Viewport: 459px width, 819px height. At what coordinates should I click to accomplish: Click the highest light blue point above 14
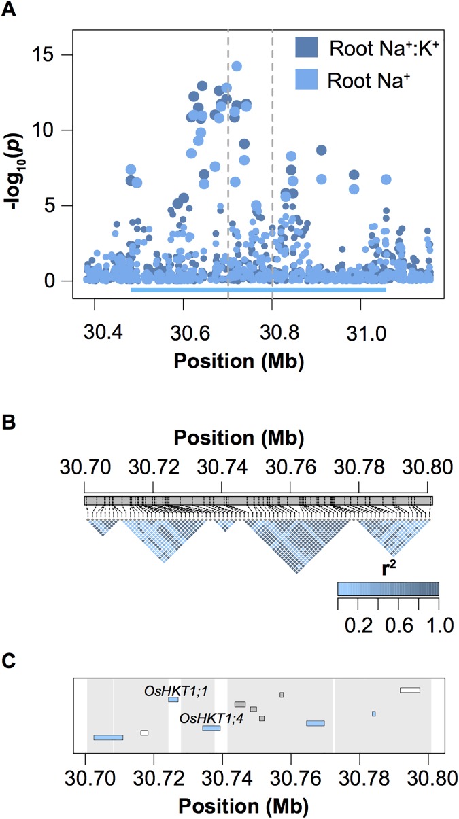[x=237, y=66]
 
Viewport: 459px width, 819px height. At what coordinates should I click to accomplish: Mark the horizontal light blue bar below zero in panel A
[x=258, y=290]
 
